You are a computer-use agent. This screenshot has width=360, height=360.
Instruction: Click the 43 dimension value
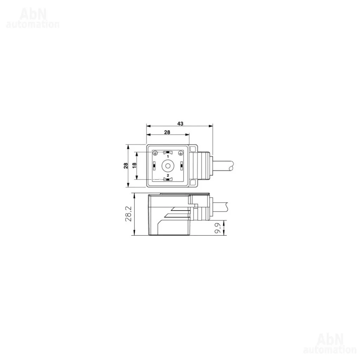(x=180, y=123)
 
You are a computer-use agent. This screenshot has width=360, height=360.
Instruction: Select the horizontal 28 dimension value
(x=167, y=132)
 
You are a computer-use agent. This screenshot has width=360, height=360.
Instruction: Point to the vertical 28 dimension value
(x=126, y=166)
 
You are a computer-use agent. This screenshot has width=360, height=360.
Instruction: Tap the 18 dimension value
(x=134, y=165)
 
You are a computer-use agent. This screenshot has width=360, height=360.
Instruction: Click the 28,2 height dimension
(x=128, y=214)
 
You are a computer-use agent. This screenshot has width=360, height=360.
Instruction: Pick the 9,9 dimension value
(x=218, y=228)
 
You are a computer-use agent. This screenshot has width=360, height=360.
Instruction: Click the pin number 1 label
(x=168, y=156)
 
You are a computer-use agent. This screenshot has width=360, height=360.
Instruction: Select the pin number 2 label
(x=168, y=175)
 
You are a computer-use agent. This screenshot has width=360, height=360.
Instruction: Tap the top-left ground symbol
(x=155, y=153)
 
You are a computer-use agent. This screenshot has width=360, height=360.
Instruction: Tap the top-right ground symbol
(x=181, y=153)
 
